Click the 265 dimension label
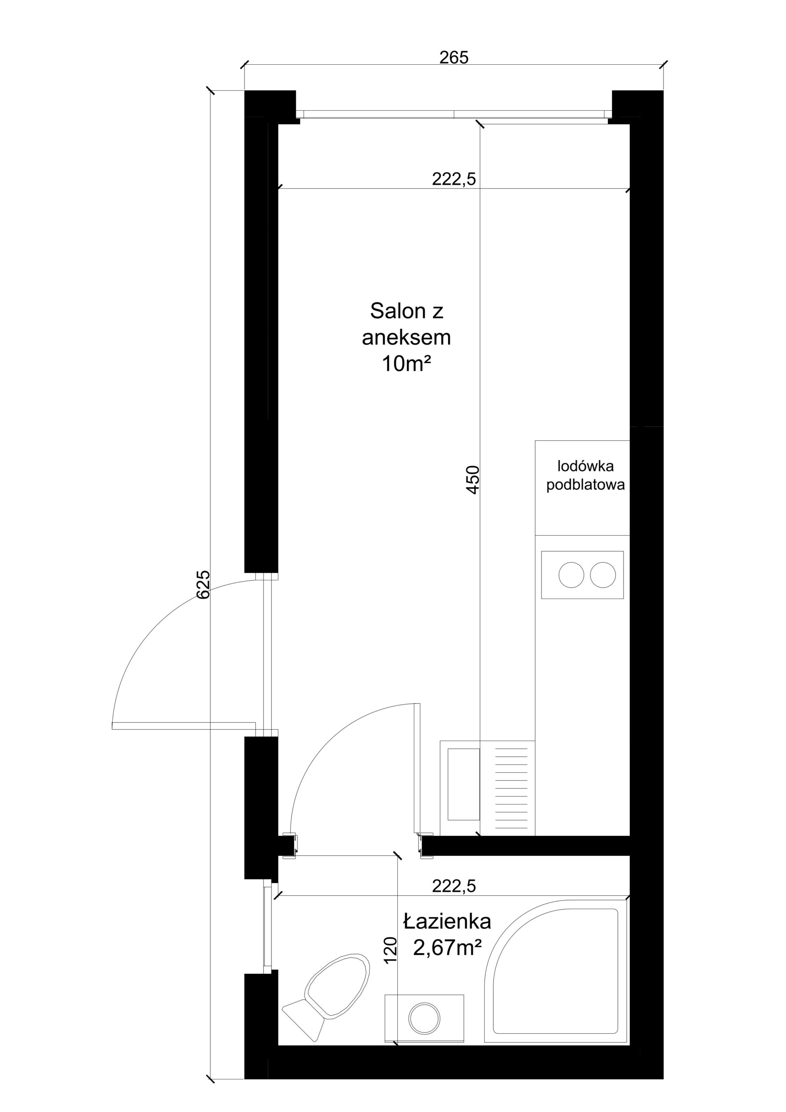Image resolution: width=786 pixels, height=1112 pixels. [454, 57]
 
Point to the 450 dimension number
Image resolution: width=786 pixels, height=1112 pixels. [472, 480]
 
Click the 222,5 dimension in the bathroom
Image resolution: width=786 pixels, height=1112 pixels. [454, 886]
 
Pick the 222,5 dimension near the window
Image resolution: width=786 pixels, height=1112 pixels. [454, 179]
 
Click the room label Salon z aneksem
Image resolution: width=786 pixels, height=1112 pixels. [406, 324]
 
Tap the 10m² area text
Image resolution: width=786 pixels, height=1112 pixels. [406, 363]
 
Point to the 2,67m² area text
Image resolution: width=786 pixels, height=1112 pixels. [447, 947]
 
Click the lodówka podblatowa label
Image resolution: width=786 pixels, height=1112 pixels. [585, 475]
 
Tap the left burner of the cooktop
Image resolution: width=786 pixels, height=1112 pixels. [571, 575]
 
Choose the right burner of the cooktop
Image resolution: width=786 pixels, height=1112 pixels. [603, 575]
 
